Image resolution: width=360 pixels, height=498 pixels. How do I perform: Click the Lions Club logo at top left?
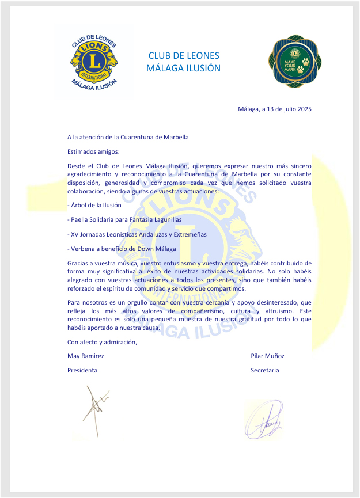coord(93,62)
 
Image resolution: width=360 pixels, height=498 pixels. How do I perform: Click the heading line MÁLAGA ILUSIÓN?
coord(184,68)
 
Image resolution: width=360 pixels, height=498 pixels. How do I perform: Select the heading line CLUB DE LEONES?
coord(184,56)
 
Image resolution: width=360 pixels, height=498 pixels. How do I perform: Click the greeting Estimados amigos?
coord(93,152)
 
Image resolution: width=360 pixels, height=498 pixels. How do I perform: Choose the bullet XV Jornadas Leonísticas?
coord(137,234)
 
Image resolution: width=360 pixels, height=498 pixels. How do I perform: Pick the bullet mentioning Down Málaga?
coord(122,249)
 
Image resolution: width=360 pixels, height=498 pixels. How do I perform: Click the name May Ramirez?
coord(86,356)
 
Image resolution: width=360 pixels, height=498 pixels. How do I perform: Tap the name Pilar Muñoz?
coord(267,356)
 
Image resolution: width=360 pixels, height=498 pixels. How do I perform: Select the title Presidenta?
coord(82,370)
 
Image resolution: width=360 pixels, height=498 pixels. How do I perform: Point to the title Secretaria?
coord(264,370)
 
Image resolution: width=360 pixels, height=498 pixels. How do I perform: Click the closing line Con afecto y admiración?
coord(103,342)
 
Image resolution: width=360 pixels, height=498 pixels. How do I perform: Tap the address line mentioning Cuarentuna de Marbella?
coord(128,137)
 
